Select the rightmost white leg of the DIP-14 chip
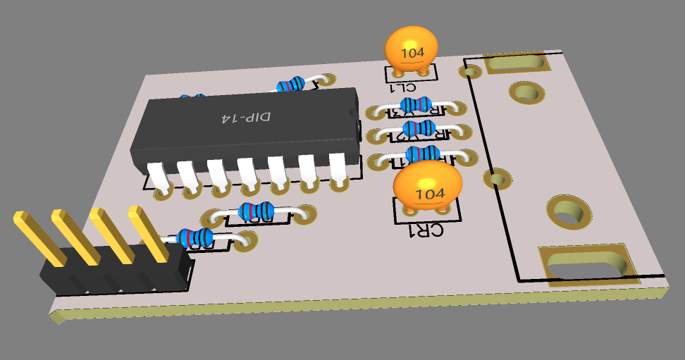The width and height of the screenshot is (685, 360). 338,168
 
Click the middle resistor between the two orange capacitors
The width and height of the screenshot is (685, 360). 419,128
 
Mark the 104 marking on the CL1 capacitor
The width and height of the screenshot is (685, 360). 412,52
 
